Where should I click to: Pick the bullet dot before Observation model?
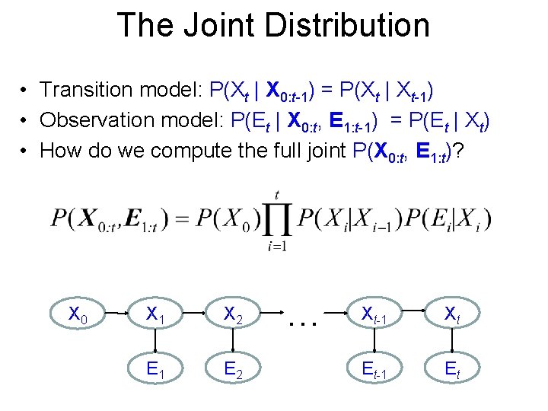click(x=25, y=120)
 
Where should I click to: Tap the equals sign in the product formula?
click(x=183, y=221)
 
